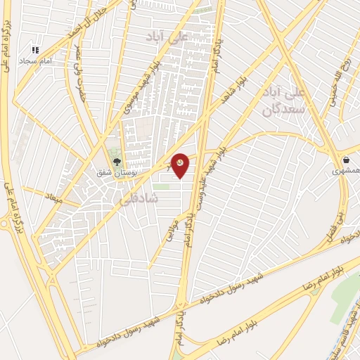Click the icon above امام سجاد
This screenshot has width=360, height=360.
(35, 50)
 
